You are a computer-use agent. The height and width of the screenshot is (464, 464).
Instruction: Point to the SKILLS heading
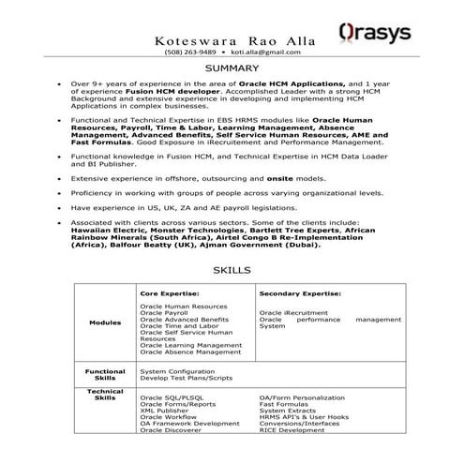pyautogui.click(x=232, y=270)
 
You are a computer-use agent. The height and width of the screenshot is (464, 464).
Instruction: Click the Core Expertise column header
pyautogui.click(x=171, y=293)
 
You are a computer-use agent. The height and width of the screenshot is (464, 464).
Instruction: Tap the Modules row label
pyautogui.click(x=105, y=322)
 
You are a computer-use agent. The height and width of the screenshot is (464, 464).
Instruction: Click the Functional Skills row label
pyautogui.click(x=105, y=374)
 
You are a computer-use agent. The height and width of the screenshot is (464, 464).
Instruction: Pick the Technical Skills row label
pyautogui.click(x=105, y=394)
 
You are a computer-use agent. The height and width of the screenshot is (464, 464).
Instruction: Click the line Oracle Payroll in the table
pyautogui.click(x=164, y=312)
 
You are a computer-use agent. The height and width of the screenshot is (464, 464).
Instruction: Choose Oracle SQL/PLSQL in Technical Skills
pyautogui.click(x=171, y=397)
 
